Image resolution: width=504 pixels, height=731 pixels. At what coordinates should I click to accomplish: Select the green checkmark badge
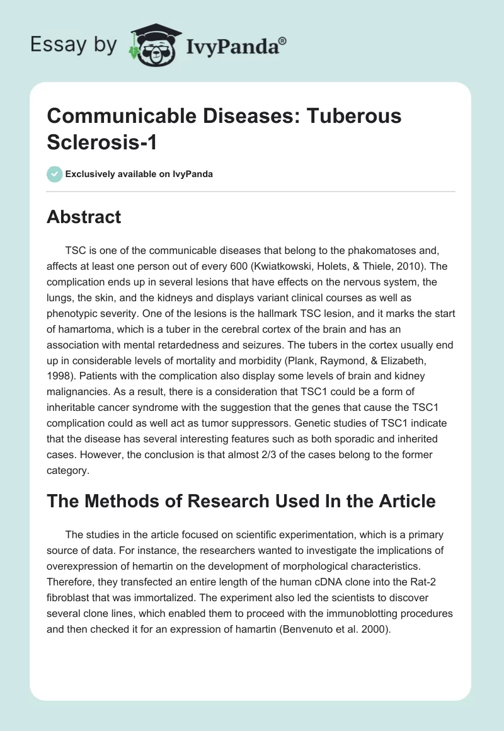tap(55, 174)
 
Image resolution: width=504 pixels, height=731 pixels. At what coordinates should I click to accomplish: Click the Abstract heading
tap(84, 217)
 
